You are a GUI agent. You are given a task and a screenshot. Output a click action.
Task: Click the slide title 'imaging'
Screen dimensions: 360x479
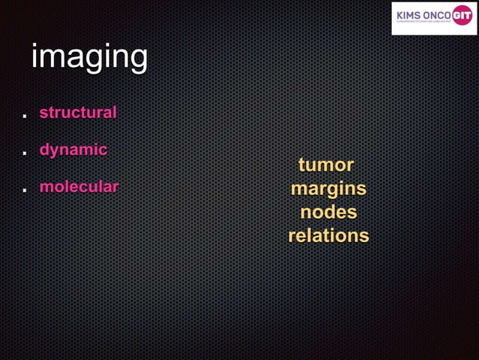89,58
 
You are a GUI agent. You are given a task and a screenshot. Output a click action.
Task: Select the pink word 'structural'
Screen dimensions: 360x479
78,113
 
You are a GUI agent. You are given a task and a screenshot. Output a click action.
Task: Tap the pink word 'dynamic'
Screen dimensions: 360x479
73,150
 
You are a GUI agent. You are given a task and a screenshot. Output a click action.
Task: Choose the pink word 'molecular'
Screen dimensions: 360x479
79,186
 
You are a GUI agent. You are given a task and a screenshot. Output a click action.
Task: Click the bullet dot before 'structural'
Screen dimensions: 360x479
24,116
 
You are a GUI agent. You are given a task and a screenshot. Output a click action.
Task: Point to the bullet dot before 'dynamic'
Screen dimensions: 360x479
24,153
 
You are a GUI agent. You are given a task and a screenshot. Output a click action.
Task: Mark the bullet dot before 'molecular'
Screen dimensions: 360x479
24,190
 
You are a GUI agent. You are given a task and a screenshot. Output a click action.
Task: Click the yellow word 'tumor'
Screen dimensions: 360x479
326,165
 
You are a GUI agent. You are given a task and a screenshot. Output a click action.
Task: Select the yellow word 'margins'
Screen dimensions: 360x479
328,188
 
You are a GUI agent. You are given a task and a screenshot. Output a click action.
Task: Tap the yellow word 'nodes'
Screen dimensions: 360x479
328,212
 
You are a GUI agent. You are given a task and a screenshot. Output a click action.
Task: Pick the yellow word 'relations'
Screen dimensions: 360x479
328,235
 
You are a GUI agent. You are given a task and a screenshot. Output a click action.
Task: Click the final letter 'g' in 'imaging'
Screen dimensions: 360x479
137,60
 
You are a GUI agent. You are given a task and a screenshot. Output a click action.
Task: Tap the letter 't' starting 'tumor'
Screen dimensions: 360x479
302,165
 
